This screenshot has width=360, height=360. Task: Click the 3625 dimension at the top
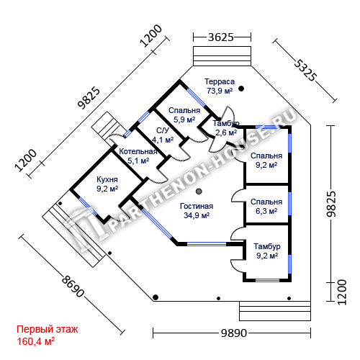pyautogui.click(x=221, y=37)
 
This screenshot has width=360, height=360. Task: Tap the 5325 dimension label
pyautogui.click(x=305, y=71)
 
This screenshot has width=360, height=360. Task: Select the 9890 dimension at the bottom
pyautogui.click(x=234, y=333)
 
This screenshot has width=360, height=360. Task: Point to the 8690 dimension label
pyautogui.click(x=73, y=287)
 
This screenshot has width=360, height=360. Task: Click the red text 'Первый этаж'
pyautogui.click(x=48, y=329)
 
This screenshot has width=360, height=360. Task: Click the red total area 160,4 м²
pyautogui.click(x=36, y=341)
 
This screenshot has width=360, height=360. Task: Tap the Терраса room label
pyautogui.click(x=220, y=81)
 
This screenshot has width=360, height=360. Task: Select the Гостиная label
pyautogui.click(x=197, y=206)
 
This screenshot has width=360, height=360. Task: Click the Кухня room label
pyautogui.click(x=107, y=179)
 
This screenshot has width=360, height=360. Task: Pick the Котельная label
pyautogui.click(x=138, y=151)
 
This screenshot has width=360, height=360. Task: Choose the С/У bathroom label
pyautogui.click(x=163, y=130)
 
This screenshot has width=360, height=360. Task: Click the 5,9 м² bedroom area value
pyautogui.click(x=184, y=120)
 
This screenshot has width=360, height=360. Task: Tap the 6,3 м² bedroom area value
pyautogui.click(x=266, y=211)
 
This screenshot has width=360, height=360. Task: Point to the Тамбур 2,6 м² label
pyautogui.click(x=226, y=128)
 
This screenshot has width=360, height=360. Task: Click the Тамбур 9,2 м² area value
pyautogui.click(x=267, y=256)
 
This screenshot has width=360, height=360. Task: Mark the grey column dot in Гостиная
pyautogui.click(x=199, y=192)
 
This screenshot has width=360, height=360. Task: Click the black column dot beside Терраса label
pyautogui.click(x=241, y=89)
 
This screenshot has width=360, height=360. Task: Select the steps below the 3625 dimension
pyautogui.click(x=222, y=56)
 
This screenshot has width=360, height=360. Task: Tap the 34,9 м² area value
pyautogui.click(x=197, y=215)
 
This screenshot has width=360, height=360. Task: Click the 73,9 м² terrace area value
pyautogui.click(x=220, y=91)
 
